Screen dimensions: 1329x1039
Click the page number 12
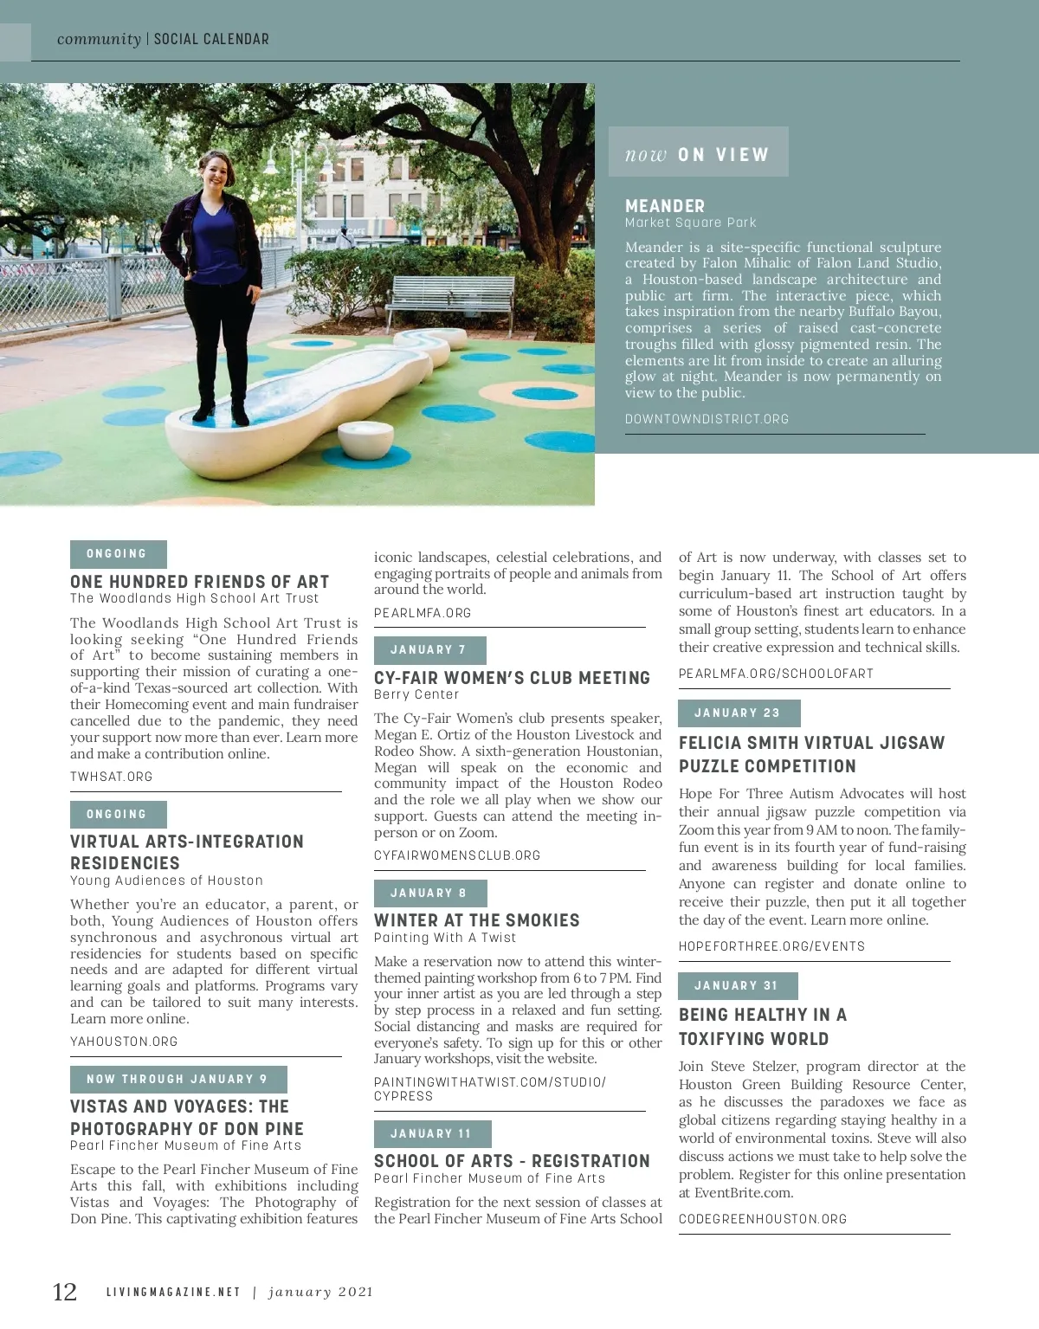point(65,1292)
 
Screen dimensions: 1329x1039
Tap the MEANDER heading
point(665,206)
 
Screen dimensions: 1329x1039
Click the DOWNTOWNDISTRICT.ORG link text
point(707,419)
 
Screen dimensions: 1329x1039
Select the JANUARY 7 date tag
point(429,650)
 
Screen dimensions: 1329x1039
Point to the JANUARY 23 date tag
point(739,713)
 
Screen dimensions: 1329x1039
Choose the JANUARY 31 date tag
point(738,986)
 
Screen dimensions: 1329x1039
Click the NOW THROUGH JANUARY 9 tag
point(177,1080)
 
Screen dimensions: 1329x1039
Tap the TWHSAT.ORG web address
point(112,777)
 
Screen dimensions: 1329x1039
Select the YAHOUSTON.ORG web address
point(124,1042)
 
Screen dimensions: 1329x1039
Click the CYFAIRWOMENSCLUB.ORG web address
point(457,855)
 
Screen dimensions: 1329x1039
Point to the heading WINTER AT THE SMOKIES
point(476,920)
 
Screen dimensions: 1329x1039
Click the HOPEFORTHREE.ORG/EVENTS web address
point(771,946)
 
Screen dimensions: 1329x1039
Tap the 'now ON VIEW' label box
point(698,153)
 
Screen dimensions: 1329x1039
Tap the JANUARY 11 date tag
point(432,1134)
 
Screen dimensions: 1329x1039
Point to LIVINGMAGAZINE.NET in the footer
point(173,1292)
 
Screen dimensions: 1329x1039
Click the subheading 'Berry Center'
point(416,694)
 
